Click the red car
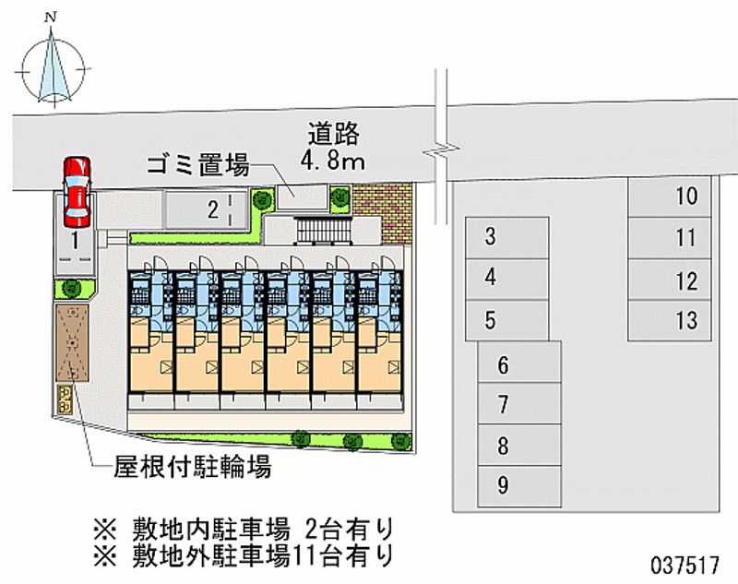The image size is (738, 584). click(x=77, y=192)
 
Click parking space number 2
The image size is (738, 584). click(x=206, y=209)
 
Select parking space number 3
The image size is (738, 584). click(x=507, y=238)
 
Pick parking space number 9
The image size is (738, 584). click(x=519, y=486)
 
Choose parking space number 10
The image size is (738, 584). click(x=670, y=197)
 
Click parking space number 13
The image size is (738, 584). click(x=670, y=320)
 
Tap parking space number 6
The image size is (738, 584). click(x=519, y=363)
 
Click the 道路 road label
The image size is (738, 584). click(x=334, y=133)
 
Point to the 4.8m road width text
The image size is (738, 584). click(x=333, y=160)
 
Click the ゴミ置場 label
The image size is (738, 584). click(x=197, y=165)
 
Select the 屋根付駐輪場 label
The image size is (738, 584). click(x=193, y=468)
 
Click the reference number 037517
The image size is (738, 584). click(x=684, y=565)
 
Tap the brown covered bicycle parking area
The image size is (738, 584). click(x=72, y=342)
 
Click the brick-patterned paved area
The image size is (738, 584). click(x=382, y=213)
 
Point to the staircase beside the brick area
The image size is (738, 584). click(x=324, y=230)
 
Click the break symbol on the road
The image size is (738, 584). click(x=441, y=149)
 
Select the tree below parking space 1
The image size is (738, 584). click(x=72, y=288)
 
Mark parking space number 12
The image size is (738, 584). click(x=670, y=280)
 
